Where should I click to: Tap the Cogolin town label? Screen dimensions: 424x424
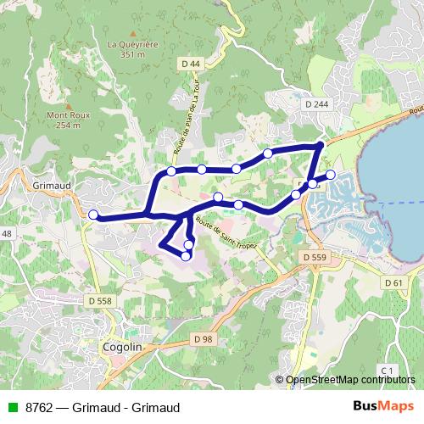(x=122, y=347)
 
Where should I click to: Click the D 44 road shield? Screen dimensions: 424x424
(x=191, y=64)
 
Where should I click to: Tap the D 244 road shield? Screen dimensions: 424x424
(x=316, y=104)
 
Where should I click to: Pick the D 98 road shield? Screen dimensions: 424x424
(x=202, y=338)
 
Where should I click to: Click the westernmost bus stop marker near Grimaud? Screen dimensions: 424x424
(x=93, y=215)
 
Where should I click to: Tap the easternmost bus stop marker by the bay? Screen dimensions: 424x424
(x=331, y=175)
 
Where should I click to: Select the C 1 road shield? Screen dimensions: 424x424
(x=388, y=371)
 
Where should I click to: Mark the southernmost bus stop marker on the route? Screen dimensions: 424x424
(x=186, y=255)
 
